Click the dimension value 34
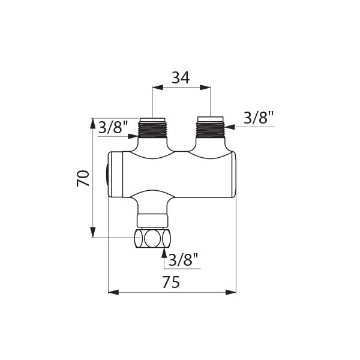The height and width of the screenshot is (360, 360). pos(181,77)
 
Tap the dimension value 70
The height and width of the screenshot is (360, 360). pos(83,178)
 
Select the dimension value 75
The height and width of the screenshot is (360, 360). pos(171,282)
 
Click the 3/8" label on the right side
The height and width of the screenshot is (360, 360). pos(259,118)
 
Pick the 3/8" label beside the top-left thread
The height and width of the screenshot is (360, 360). pos(113,127)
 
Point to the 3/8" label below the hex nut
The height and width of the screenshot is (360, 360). pos(184,259)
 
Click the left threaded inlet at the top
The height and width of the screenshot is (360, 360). pos(152,128)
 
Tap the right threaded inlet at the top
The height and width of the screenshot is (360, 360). pos(211,127)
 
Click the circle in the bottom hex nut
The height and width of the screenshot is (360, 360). pos(152,238)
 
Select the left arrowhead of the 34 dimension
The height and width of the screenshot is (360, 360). pos(157,88)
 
